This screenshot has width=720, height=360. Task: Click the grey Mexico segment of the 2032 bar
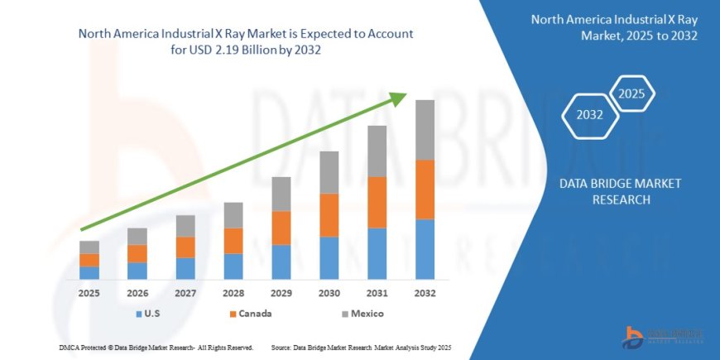pyautogui.click(x=425, y=129)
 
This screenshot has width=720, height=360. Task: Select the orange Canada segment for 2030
pyautogui.click(x=329, y=215)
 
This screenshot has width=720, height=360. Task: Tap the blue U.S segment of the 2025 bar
pyautogui.click(x=89, y=272)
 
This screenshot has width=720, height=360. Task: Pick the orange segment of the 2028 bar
pyautogui.click(x=233, y=241)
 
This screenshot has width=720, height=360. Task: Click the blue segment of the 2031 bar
pyautogui.click(x=377, y=253)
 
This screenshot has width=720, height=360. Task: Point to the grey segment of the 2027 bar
pyautogui.click(x=185, y=226)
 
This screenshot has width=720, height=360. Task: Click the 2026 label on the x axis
pyautogui.click(x=137, y=293)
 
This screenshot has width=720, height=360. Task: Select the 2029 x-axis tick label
pyautogui.click(x=281, y=293)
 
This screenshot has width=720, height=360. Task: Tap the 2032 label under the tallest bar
pyautogui.click(x=425, y=293)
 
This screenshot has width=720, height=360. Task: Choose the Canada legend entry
pyautogui.click(x=250, y=314)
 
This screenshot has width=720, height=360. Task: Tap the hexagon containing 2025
pyautogui.click(x=632, y=92)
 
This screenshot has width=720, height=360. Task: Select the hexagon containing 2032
pyautogui.click(x=589, y=115)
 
